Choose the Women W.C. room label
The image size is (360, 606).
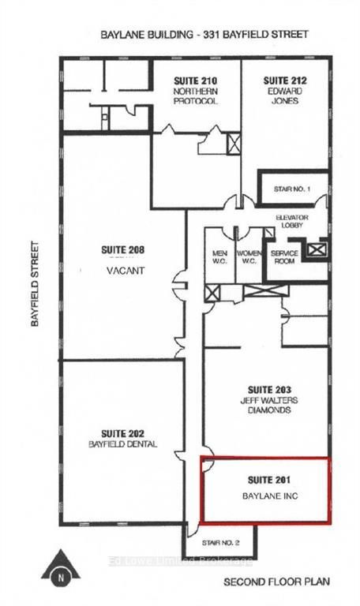249,257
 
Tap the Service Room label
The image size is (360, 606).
283,257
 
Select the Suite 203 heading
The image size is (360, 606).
269,390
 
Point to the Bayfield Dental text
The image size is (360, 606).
123,444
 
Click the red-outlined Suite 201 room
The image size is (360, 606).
264,489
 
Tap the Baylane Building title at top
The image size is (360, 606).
204,35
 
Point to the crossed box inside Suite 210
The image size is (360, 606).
234,144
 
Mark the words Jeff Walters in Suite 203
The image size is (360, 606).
269,400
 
